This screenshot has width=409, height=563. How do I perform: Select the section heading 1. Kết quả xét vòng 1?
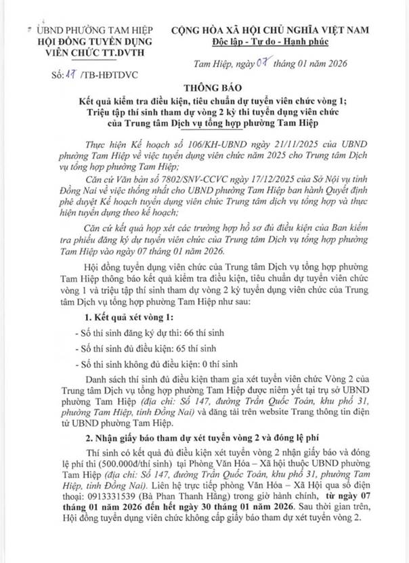coord(123,317)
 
